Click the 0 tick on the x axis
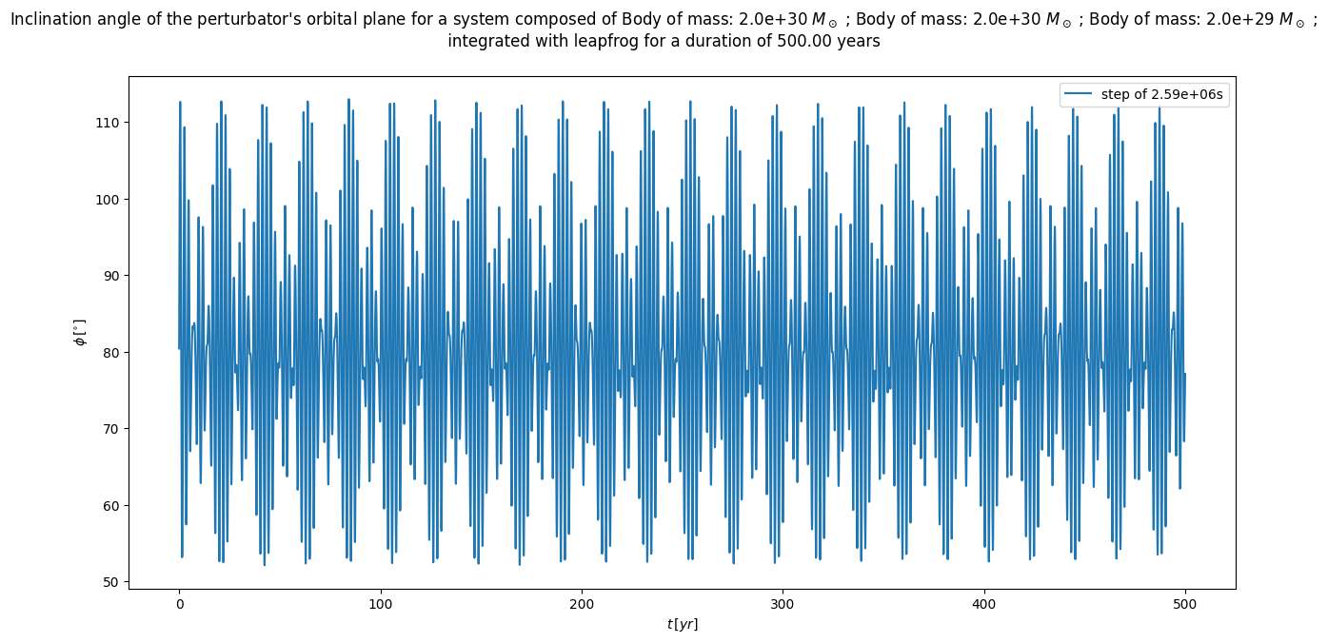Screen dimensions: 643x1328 [179, 604]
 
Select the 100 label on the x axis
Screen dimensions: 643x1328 [380, 604]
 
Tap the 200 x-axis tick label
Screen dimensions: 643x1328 [582, 604]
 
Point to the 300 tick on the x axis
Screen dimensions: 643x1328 [783, 604]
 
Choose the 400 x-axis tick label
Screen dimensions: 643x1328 [983, 604]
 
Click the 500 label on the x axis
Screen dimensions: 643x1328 [1185, 604]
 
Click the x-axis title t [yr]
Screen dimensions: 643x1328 [682, 624]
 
